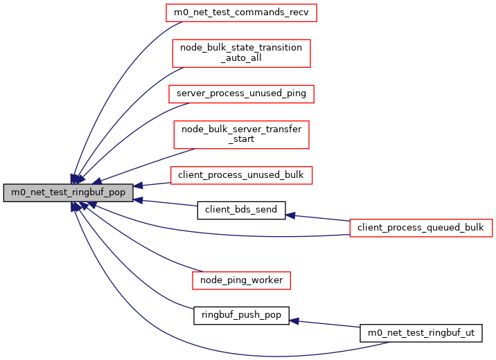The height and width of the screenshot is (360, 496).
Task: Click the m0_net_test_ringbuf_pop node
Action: point(68,193)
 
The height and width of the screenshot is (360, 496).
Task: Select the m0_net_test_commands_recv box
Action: point(241,12)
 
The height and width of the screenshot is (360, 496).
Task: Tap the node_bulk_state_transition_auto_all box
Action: point(241,53)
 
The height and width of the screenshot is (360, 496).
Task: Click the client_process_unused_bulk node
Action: point(241,175)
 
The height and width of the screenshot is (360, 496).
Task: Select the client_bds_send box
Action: point(241,209)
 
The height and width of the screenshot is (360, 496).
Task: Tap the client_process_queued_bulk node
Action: point(420,226)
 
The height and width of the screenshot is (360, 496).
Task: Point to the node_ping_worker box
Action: point(241,280)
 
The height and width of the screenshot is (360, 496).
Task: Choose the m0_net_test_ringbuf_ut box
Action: point(420,333)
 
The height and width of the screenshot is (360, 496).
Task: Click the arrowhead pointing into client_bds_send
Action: point(291,215)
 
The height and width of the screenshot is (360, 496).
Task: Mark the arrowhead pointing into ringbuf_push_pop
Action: point(294,321)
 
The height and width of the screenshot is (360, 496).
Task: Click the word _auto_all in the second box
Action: point(241,59)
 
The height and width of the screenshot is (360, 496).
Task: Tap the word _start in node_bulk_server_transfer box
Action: point(241,139)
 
